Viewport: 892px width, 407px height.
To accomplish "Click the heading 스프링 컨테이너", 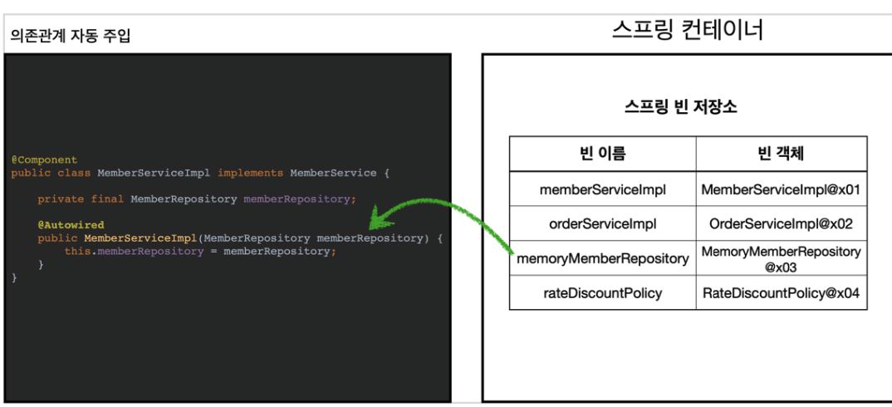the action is tap(687, 31).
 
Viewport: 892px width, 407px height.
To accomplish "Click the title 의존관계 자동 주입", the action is tap(71, 36).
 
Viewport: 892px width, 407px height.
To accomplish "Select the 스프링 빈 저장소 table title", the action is tap(680, 107).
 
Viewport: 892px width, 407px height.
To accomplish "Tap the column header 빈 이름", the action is tap(602, 154).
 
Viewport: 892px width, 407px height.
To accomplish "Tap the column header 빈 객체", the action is tap(781, 154).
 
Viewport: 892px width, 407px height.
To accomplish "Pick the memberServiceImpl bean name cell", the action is tap(602, 189).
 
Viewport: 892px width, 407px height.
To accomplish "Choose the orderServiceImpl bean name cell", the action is tap(602, 223).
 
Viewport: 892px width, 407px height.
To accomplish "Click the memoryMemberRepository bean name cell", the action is tap(602, 258).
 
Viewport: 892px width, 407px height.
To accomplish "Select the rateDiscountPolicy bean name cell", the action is tap(602, 293).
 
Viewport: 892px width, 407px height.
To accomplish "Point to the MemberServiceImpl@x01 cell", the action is tap(781, 189).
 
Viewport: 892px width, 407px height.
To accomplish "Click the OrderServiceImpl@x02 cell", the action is tap(781, 223).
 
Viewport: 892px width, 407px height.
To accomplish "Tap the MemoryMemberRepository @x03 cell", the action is tap(781, 258).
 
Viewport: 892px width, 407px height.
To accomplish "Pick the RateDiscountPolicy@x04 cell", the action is tap(781, 293).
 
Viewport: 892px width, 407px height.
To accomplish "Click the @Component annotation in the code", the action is tap(44, 159).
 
